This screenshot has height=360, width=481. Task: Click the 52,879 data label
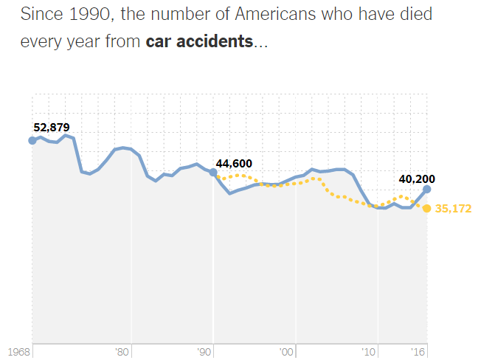coord(52,127)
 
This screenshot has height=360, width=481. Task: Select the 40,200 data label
coord(416,178)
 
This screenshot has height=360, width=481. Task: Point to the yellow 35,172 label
coord(453,209)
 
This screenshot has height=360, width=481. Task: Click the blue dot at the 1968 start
coord(32,140)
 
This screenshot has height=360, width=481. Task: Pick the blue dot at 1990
coord(213,173)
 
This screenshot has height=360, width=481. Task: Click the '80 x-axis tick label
coord(123,353)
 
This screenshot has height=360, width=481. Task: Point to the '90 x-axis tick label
coord(205,353)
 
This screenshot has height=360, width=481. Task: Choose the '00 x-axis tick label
coord(288,353)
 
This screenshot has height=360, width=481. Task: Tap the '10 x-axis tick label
coord(370,353)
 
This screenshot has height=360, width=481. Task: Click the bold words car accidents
coord(199,41)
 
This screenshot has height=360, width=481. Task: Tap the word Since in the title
coord(41,14)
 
